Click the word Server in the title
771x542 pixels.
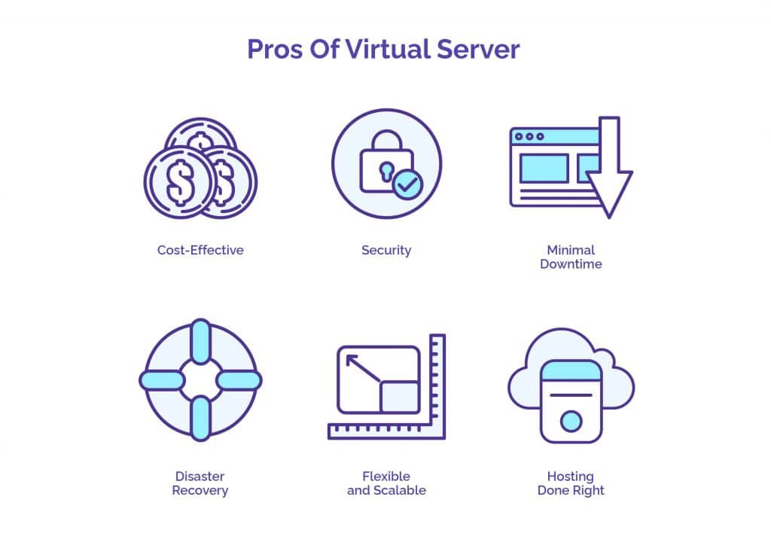(478, 49)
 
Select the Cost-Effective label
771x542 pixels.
(200, 250)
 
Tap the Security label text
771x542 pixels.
(386, 251)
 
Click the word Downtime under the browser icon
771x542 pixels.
(571, 264)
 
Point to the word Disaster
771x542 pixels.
(200, 476)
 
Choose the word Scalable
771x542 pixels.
(400, 490)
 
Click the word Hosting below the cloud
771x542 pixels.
(571, 477)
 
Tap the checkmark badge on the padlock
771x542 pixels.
(407, 184)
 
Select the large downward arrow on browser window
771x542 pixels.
(608, 167)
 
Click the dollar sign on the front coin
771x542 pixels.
(180, 182)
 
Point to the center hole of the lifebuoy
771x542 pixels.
(200, 380)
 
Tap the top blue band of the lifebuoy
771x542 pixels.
(200, 341)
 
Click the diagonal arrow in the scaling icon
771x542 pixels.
(363, 368)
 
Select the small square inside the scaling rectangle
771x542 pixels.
(399, 397)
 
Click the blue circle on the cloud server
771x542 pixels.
(571, 422)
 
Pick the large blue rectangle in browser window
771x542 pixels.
(544, 168)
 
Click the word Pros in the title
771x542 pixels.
(275, 49)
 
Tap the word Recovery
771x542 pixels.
(200, 490)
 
